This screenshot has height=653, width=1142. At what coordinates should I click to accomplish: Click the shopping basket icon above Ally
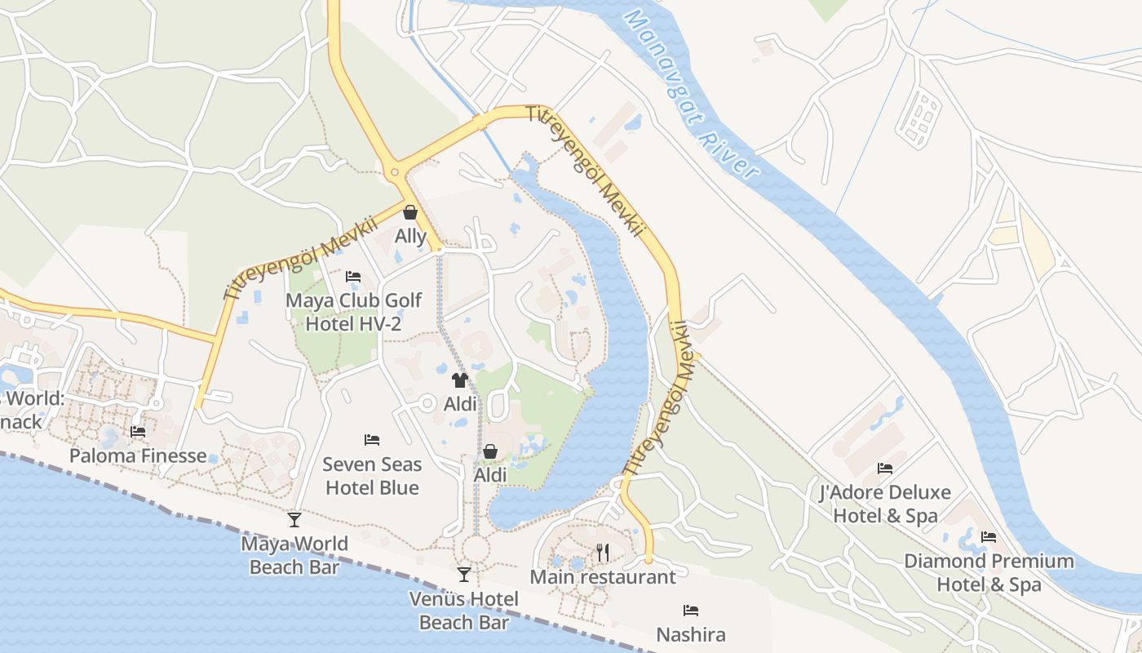click(x=410, y=212)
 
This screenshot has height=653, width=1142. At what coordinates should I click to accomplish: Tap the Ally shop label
click(x=410, y=237)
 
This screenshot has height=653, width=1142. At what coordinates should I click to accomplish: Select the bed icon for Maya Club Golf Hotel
click(x=353, y=277)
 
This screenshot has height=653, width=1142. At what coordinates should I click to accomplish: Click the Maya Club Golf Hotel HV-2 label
click(x=353, y=312)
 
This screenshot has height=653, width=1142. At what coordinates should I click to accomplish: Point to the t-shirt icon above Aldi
click(x=460, y=380)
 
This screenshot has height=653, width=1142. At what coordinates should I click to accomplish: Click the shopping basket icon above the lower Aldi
click(x=490, y=451)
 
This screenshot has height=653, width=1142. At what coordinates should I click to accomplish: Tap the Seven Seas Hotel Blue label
click(x=372, y=476)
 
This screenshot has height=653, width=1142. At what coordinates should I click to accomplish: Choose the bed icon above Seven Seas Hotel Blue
click(x=372, y=440)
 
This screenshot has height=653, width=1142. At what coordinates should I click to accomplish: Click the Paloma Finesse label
click(x=138, y=455)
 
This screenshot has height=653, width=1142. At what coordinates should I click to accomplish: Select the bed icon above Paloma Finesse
click(x=138, y=431)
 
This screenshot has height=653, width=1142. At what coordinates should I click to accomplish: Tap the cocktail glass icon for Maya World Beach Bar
click(x=294, y=519)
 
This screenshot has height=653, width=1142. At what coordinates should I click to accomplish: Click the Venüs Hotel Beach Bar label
click(x=464, y=611)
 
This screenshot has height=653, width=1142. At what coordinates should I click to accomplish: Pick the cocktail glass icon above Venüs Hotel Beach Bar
click(x=464, y=575)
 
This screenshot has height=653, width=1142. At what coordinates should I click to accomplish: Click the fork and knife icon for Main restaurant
click(x=603, y=553)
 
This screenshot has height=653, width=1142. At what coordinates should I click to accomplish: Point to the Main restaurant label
click(x=603, y=577)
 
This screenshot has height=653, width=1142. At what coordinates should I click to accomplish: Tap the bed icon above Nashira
click(x=691, y=610)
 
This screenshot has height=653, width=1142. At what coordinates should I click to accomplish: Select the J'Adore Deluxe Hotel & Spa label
click(x=885, y=504)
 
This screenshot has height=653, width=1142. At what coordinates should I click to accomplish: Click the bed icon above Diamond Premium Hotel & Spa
click(x=989, y=537)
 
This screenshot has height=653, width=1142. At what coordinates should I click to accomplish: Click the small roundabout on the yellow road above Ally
click(x=395, y=171)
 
